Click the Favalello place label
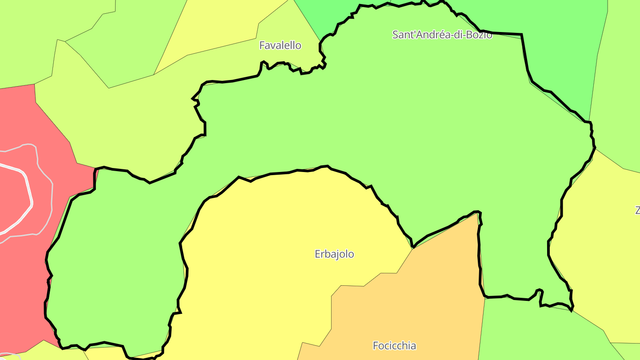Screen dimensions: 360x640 point(280,45)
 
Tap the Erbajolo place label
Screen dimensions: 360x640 point(334,254)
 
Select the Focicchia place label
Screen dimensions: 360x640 point(394,345)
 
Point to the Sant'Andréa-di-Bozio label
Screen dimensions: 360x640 point(442,35)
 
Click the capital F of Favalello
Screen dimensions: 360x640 point(262,45)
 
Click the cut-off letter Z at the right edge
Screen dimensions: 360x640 point(637,210)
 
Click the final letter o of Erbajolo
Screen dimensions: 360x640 point(351,254)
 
